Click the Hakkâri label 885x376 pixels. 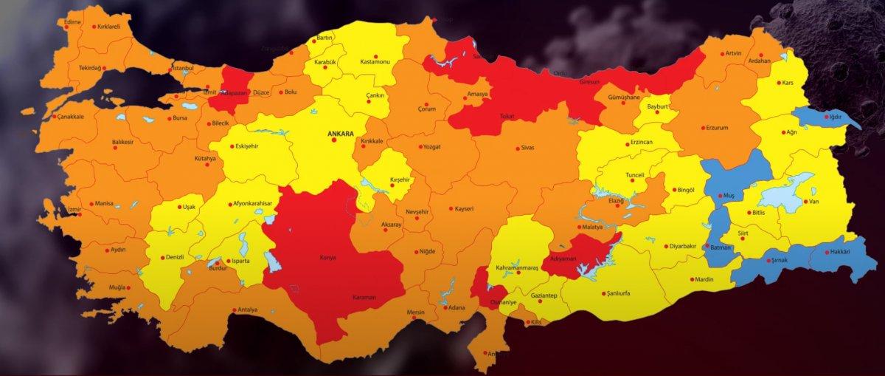[840, 252]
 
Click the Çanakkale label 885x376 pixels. [66, 117]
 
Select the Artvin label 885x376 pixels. [733, 53]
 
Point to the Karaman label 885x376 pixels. [364, 298]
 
